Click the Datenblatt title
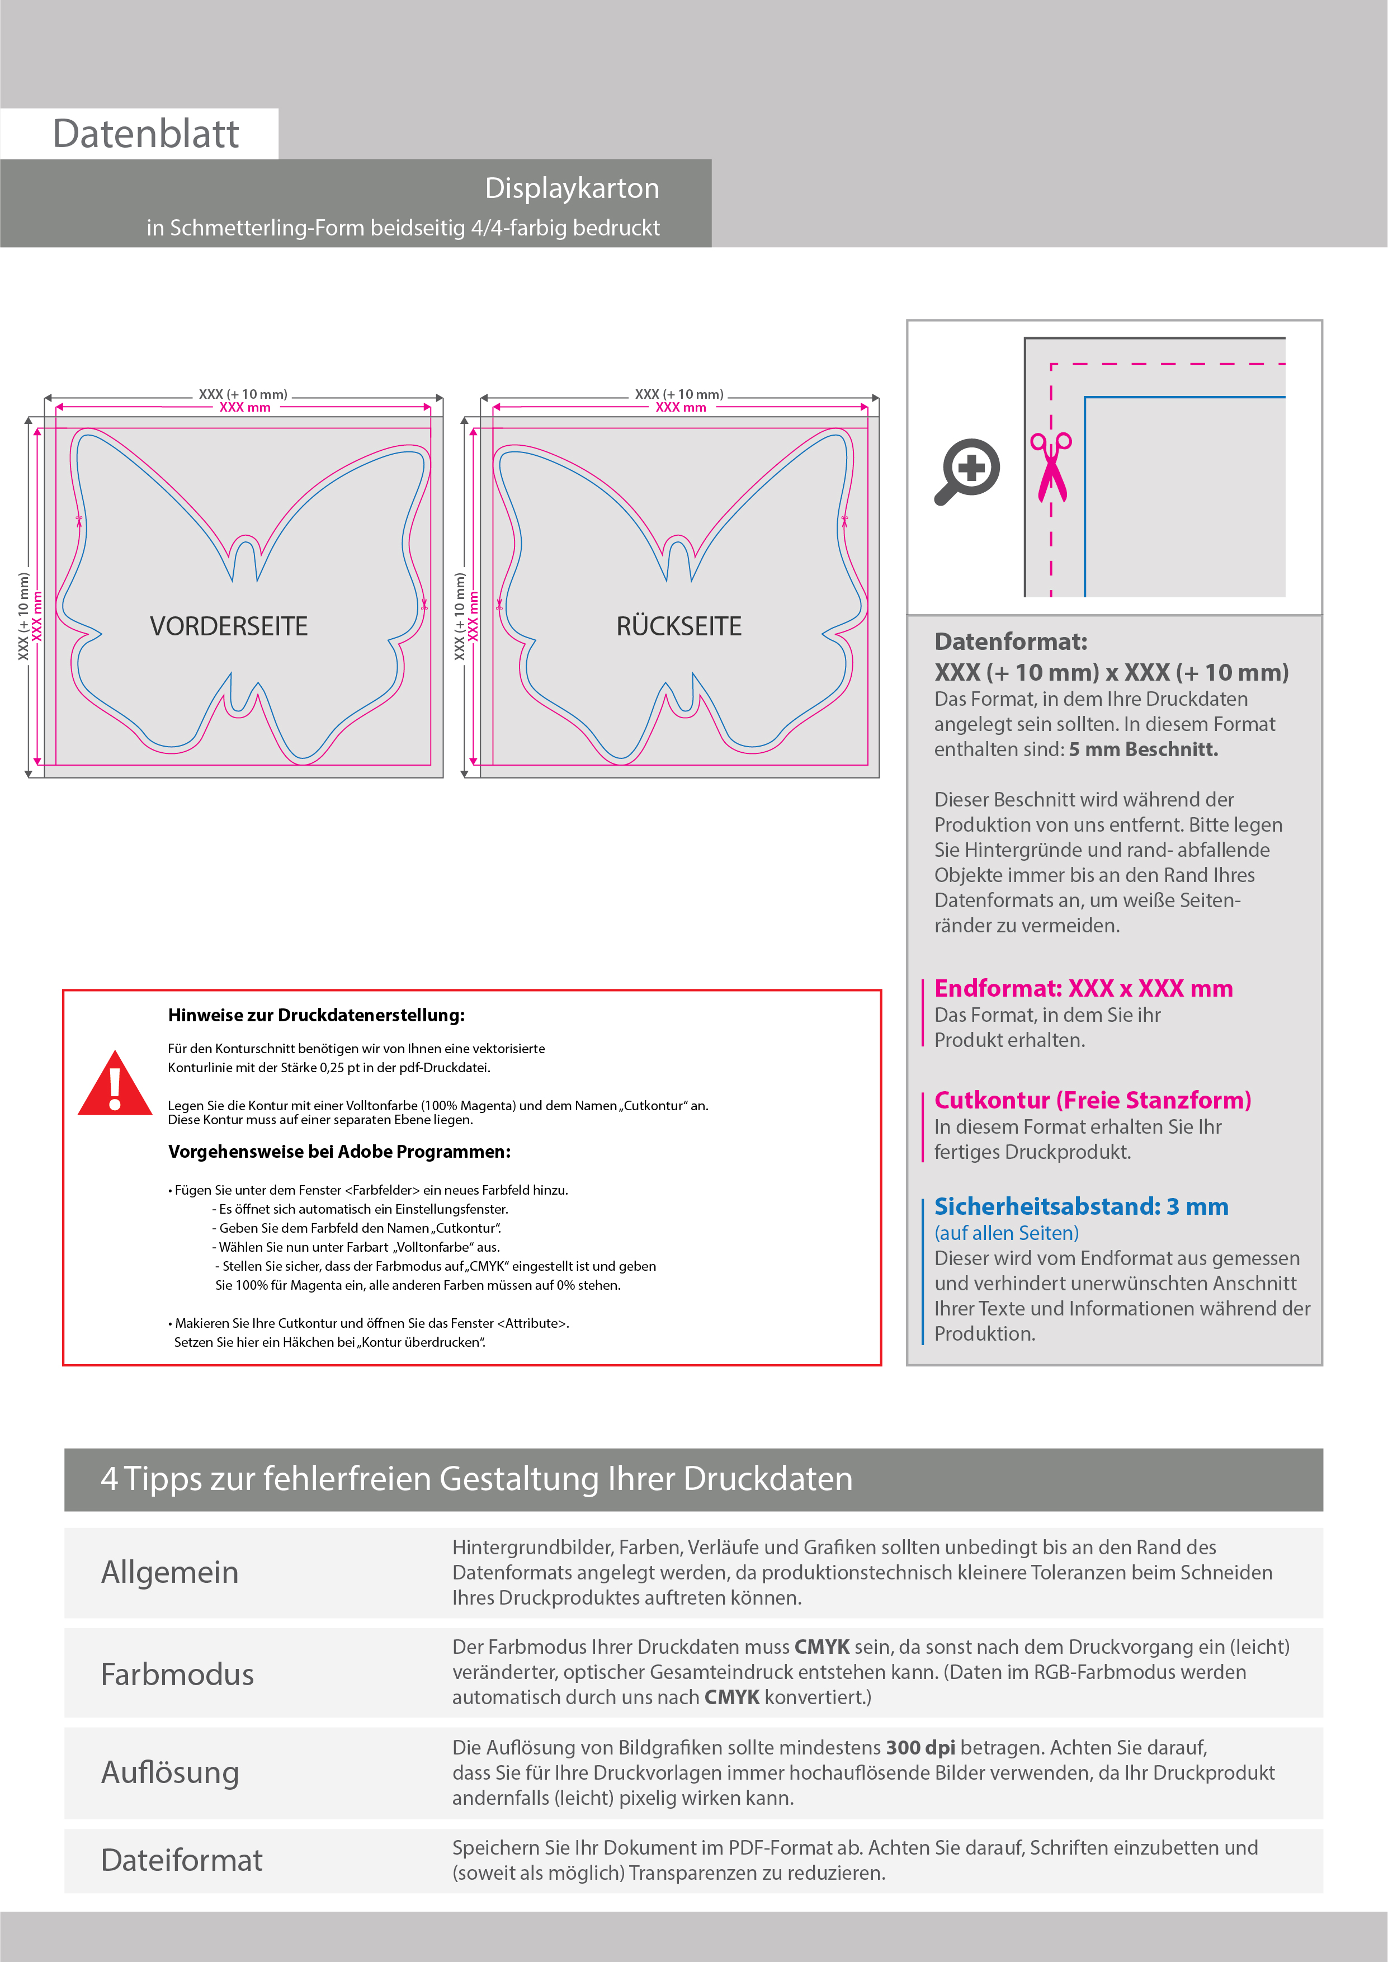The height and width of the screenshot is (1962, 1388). click(x=145, y=134)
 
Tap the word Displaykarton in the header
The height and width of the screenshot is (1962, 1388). click(x=572, y=188)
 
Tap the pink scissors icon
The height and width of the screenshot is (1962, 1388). click(x=1051, y=466)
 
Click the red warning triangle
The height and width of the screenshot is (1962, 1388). click(x=115, y=1085)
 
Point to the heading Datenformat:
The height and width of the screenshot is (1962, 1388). click(x=1010, y=642)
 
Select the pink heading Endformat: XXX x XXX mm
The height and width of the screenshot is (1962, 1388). click(x=1083, y=989)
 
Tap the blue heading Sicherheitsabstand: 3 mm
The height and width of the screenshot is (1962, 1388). click(x=1081, y=1206)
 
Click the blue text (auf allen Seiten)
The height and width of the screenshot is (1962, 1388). click(x=1006, y=1233)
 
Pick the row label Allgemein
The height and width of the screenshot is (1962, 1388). click(x=170, y=1572)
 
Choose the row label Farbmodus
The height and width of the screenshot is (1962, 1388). click(x=177, y=1674)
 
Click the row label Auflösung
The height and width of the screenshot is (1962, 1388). click(x=170, y=1772)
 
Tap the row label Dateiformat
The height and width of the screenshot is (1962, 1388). click(x=181, y=1860)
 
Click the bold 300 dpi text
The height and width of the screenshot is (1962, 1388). click(x=920, y=1748)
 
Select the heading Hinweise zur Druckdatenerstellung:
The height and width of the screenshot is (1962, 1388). click(x=316, y=1015)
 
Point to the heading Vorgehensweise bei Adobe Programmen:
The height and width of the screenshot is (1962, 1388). click(x=339, y=1152)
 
